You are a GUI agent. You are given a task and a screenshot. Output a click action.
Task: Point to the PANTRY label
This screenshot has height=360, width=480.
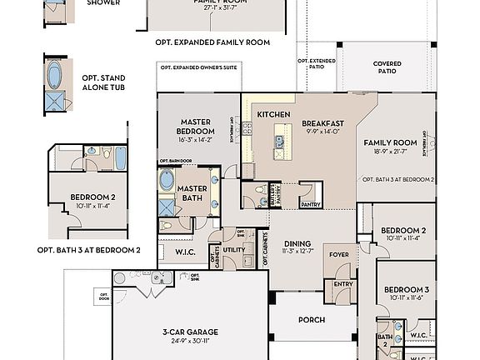click(x=310, y=204)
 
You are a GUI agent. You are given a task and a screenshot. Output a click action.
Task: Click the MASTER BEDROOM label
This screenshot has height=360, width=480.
click(x=196, y=127)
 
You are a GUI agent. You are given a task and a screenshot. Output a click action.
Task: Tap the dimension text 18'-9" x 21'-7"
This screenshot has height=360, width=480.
click(x=389, y=152)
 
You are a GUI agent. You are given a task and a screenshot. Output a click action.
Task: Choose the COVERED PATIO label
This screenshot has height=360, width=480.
click(x=387, y=68)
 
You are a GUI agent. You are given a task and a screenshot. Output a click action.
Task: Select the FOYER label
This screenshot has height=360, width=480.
click(x=338, y=255)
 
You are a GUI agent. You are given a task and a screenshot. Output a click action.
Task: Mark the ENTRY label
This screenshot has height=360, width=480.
click(x=343, y=284)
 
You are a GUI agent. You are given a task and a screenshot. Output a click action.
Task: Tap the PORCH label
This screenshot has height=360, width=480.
click(x=312, y=319)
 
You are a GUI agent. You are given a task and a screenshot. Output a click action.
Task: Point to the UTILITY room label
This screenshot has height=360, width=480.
click(x=234, y=249)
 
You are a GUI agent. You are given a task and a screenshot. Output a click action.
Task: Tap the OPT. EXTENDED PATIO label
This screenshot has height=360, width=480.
click(x=317, y=64)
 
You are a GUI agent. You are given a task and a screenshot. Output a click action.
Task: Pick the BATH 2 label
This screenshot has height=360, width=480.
click(x=385, y=339)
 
